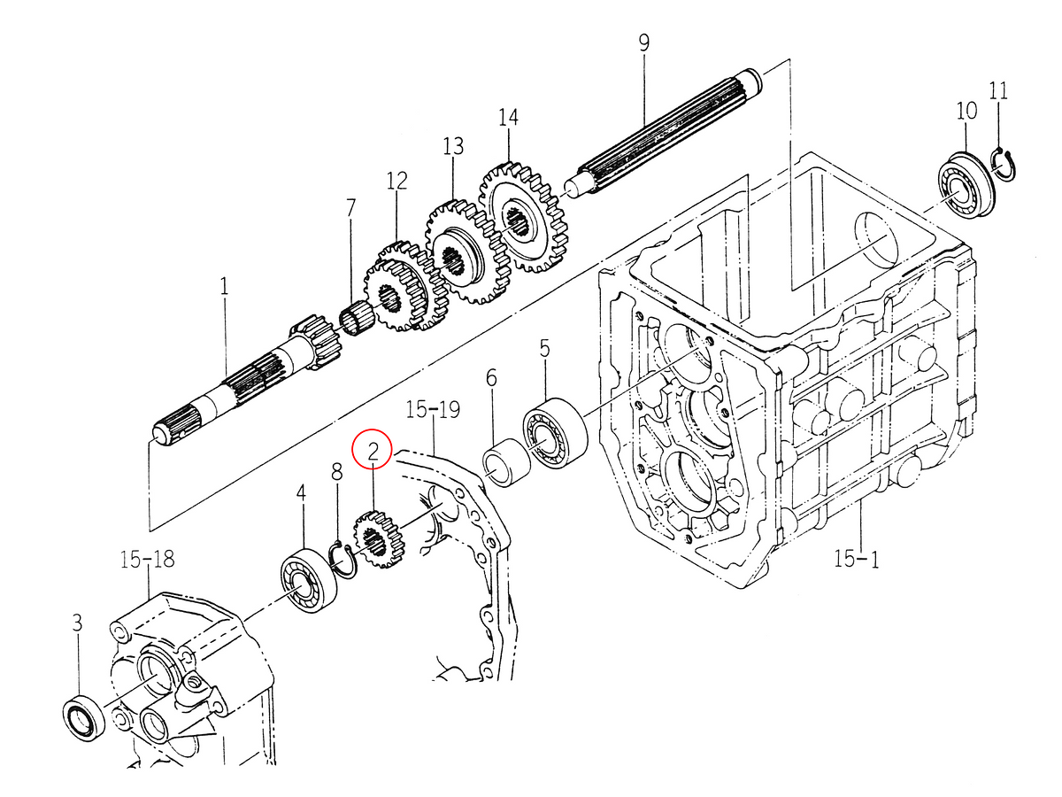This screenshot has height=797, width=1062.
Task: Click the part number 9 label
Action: tap(643, 42)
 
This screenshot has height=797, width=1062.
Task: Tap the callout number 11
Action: tap(998, 90)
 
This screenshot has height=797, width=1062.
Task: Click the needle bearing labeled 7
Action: tap(357, 319)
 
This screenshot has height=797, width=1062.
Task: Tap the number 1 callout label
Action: tap(224, 287)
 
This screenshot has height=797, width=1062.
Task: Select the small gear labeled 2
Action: tap(378, 539)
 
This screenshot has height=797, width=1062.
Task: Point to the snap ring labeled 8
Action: tap(341, 560)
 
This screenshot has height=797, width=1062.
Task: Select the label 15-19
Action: tap(433, 409)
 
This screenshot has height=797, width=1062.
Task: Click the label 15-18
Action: tap(147, 559)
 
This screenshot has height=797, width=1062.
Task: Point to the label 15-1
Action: tap(856, 559)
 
